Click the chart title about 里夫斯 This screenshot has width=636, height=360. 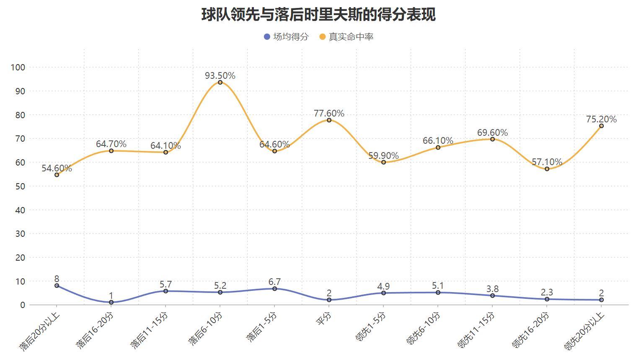tap(318, 14)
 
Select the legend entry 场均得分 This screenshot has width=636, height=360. tap(286, 37)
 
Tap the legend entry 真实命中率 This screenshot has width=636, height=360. tap(346, 37)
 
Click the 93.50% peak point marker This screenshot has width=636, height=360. tap(220, 83)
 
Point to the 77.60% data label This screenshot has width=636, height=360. tap(329, 114)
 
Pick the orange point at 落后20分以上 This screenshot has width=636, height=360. tap(57, 175)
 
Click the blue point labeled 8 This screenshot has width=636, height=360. tap(57, 286)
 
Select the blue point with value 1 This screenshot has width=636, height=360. tap(111, 302)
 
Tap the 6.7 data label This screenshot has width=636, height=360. tap(274, 282)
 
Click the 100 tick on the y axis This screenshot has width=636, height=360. tap(18, 67)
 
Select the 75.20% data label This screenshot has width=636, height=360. tap(601, 119)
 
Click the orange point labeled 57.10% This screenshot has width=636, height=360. tap(547, 169)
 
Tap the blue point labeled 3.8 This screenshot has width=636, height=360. tap(492, 296)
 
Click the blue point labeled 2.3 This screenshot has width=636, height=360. tap(547, 299)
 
